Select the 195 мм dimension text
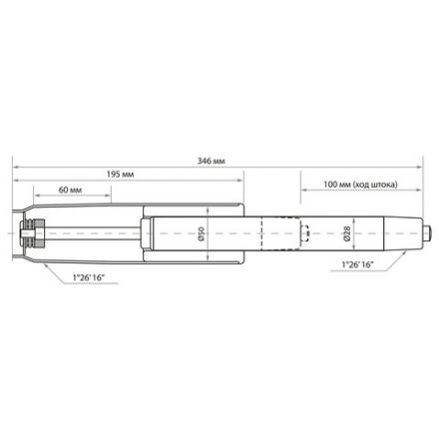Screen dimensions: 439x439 pos(120,174)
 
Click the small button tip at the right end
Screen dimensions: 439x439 pos(428,236)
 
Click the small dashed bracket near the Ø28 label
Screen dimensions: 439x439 pos(308,236)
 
